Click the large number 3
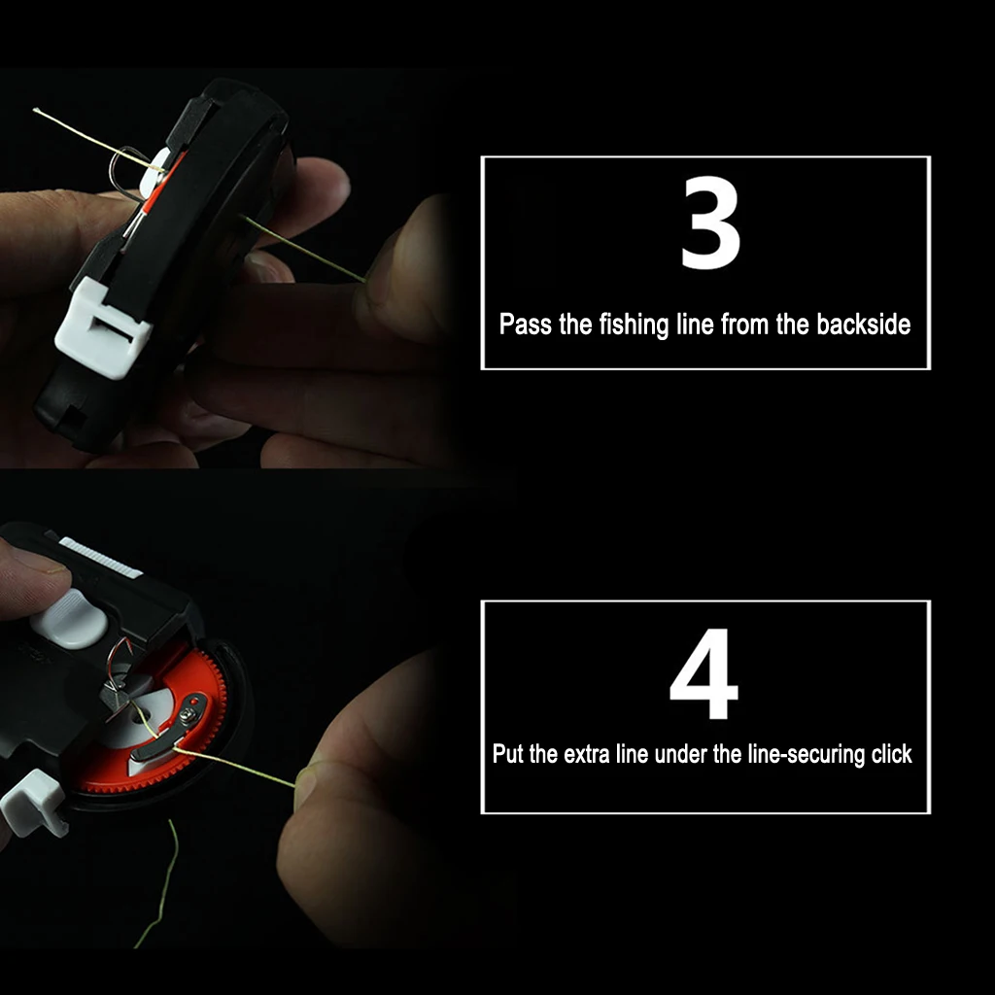pyautogui.click(x=710, y=225)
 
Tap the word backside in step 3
pyautogui.click(x=863, y=325)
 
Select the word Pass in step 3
pyautogui.click(x=526, y=325)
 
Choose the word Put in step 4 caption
pyautogui.click(x=508, y=754)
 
